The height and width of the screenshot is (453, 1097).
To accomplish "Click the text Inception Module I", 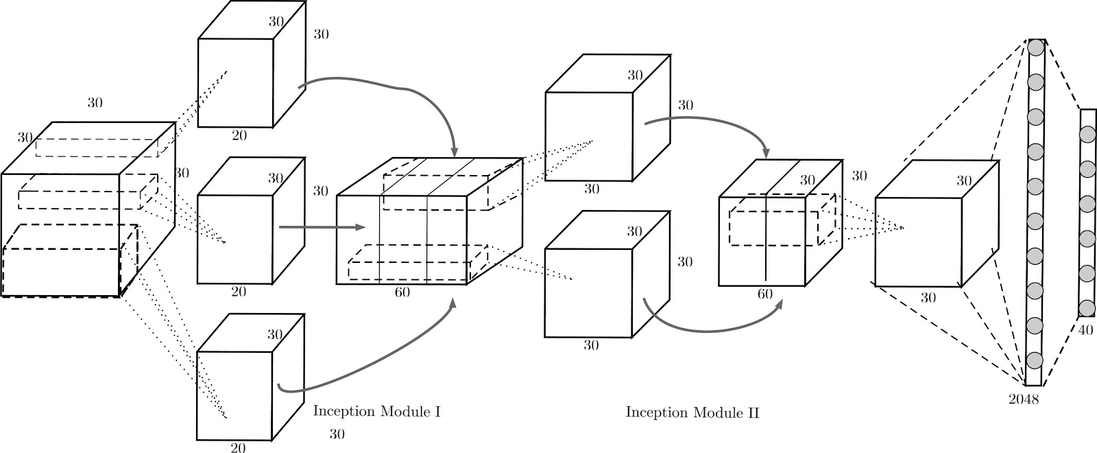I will [376, 412].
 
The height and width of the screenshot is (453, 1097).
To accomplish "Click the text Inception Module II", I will [692, 413].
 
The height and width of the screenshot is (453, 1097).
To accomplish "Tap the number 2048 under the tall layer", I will [1024, 399].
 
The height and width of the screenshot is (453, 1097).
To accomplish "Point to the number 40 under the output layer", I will [1086, 330].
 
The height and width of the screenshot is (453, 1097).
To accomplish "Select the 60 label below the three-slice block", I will [402, 292].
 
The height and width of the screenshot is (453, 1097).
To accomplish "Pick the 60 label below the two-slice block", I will [765, 294].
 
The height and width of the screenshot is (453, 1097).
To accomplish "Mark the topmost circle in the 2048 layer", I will [1035, 48].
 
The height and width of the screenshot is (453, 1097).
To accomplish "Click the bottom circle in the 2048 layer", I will [1035, 359].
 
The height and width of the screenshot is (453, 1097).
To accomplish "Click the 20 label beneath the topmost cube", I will [239, 135].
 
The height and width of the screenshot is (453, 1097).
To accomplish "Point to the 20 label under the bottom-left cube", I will [238, 448].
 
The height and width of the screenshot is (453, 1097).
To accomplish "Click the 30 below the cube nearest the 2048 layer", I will [928, 298].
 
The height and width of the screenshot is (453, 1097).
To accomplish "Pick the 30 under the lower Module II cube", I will [591, 345].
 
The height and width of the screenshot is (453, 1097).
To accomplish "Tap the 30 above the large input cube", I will [95, 103].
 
